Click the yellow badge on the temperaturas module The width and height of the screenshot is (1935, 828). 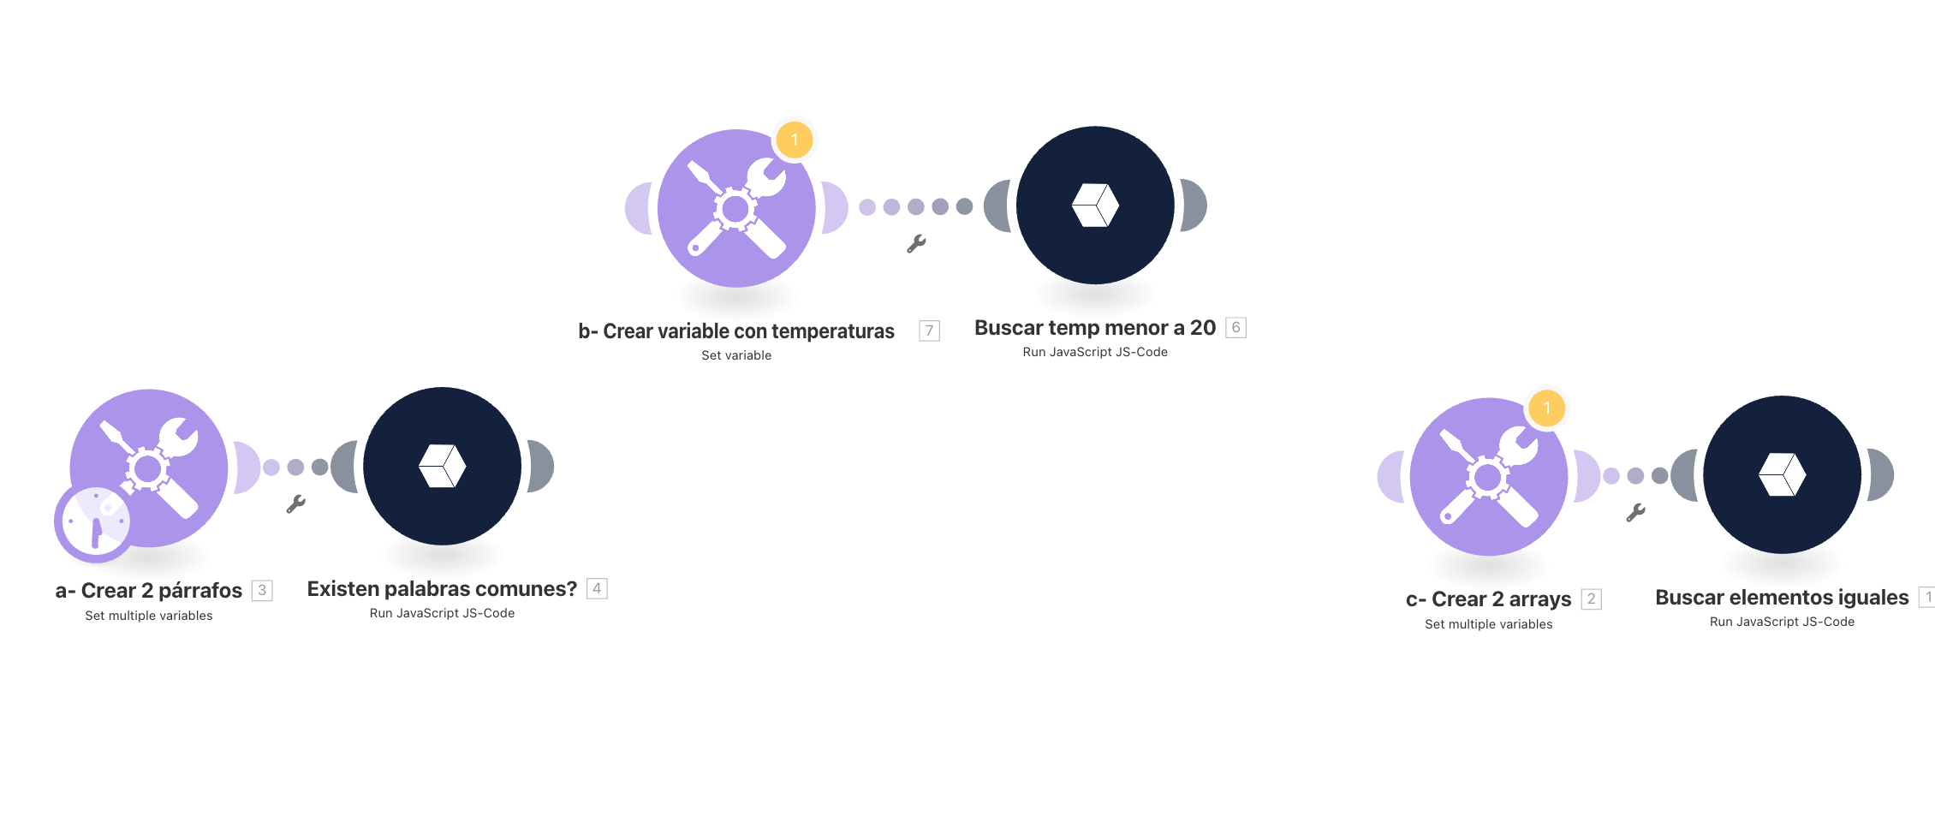[795, 140]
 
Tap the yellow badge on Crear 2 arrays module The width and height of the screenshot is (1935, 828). [1547, 408]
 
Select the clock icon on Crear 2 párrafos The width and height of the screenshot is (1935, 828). [94, 522]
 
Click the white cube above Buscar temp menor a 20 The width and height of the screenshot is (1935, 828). [1095, 206]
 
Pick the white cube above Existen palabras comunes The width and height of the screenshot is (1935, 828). [443, 466]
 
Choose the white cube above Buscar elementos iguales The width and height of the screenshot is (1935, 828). [1783, 474]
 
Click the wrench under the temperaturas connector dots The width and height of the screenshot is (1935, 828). [916, 244]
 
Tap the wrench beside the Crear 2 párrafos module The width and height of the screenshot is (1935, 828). [296, 503]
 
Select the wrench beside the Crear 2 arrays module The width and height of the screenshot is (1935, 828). [1635, 512]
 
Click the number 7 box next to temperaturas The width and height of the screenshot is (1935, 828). [929, 331]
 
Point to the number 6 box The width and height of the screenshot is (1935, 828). [1235, 327]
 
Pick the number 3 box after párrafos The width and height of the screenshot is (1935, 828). [262, 590]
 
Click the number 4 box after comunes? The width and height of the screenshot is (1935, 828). [597, 588]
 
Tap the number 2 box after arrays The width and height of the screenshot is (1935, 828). [1591, 599]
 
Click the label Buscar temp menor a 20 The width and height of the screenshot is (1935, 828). [1095, 327]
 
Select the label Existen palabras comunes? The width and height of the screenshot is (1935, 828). [442, 588]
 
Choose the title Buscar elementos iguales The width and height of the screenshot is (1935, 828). [1782, 597]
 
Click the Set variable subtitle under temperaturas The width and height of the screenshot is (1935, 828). [736, 355]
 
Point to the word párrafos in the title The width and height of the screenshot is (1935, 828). [200, 591]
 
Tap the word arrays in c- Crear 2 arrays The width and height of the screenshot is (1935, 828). [1540, 599]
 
